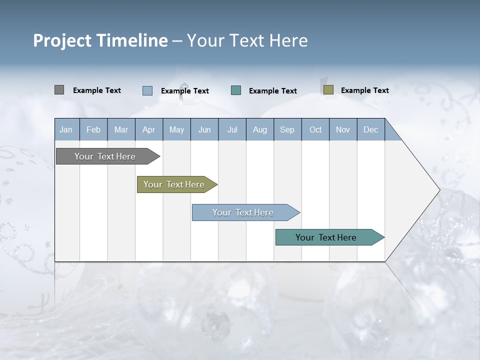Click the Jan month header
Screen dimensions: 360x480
[x=66, y=129]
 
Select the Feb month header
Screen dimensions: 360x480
[x=93, y=129]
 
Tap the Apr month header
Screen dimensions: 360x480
[x=148, y=129]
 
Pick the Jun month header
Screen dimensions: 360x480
[x=204, y=129]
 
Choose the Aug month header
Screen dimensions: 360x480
[x=259, y=129]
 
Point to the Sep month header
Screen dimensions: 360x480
[x=287, y=129]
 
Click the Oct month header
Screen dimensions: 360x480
[x=315, y=129]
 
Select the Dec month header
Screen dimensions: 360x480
[x=370, y=129]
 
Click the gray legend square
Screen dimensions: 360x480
[x=59, y=90]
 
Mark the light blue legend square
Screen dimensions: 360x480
[x=147, y=90]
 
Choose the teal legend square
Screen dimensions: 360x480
[x=236, y=90]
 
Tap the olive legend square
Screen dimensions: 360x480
[x=328, y=90]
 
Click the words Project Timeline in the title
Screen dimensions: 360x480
[x=100, y=40]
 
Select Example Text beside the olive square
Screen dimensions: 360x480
[x=364, y=90]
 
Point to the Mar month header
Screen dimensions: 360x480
[x=121, y=129]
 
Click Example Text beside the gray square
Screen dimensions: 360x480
[x=97, y=90]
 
